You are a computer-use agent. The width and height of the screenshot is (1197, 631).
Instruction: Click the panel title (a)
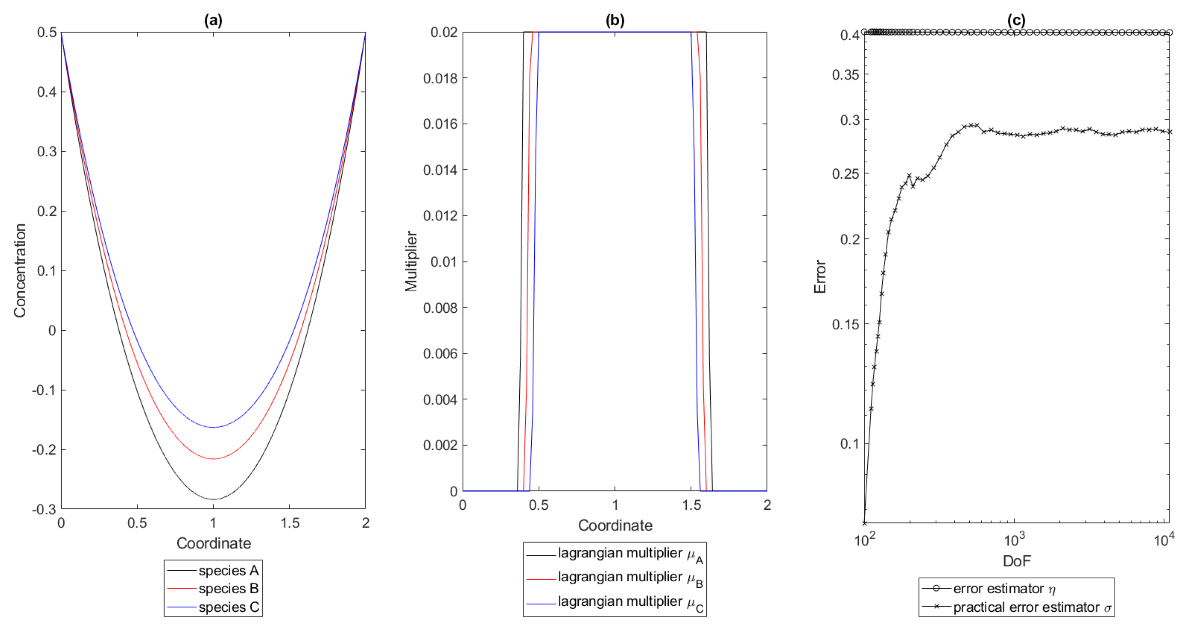(x=213, y=20)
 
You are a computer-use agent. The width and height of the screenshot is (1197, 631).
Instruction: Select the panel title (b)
(x=615, y=20)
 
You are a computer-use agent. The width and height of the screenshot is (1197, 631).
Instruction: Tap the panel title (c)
(x=1016, y=20)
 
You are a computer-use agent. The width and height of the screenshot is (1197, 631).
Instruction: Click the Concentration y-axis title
(x=20, y=271)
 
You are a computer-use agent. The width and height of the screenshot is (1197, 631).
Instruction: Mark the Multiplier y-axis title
(x=411, y=261)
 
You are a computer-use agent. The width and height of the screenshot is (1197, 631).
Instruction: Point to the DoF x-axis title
(x=1017, y=561)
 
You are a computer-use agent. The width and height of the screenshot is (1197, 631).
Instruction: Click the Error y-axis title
(x=820, y=277)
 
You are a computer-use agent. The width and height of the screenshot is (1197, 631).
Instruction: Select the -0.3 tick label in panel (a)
(x=44, y=509)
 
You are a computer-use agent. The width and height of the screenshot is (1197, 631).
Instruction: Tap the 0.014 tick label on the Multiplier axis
(x=440, y=170)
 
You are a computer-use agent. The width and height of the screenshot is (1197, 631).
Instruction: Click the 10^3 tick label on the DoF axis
(x=1014, y=540)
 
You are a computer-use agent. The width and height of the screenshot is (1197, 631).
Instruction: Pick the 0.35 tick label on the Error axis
(x=845, y=75)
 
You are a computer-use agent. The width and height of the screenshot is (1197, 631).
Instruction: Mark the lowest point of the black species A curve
(x=213, y=499)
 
